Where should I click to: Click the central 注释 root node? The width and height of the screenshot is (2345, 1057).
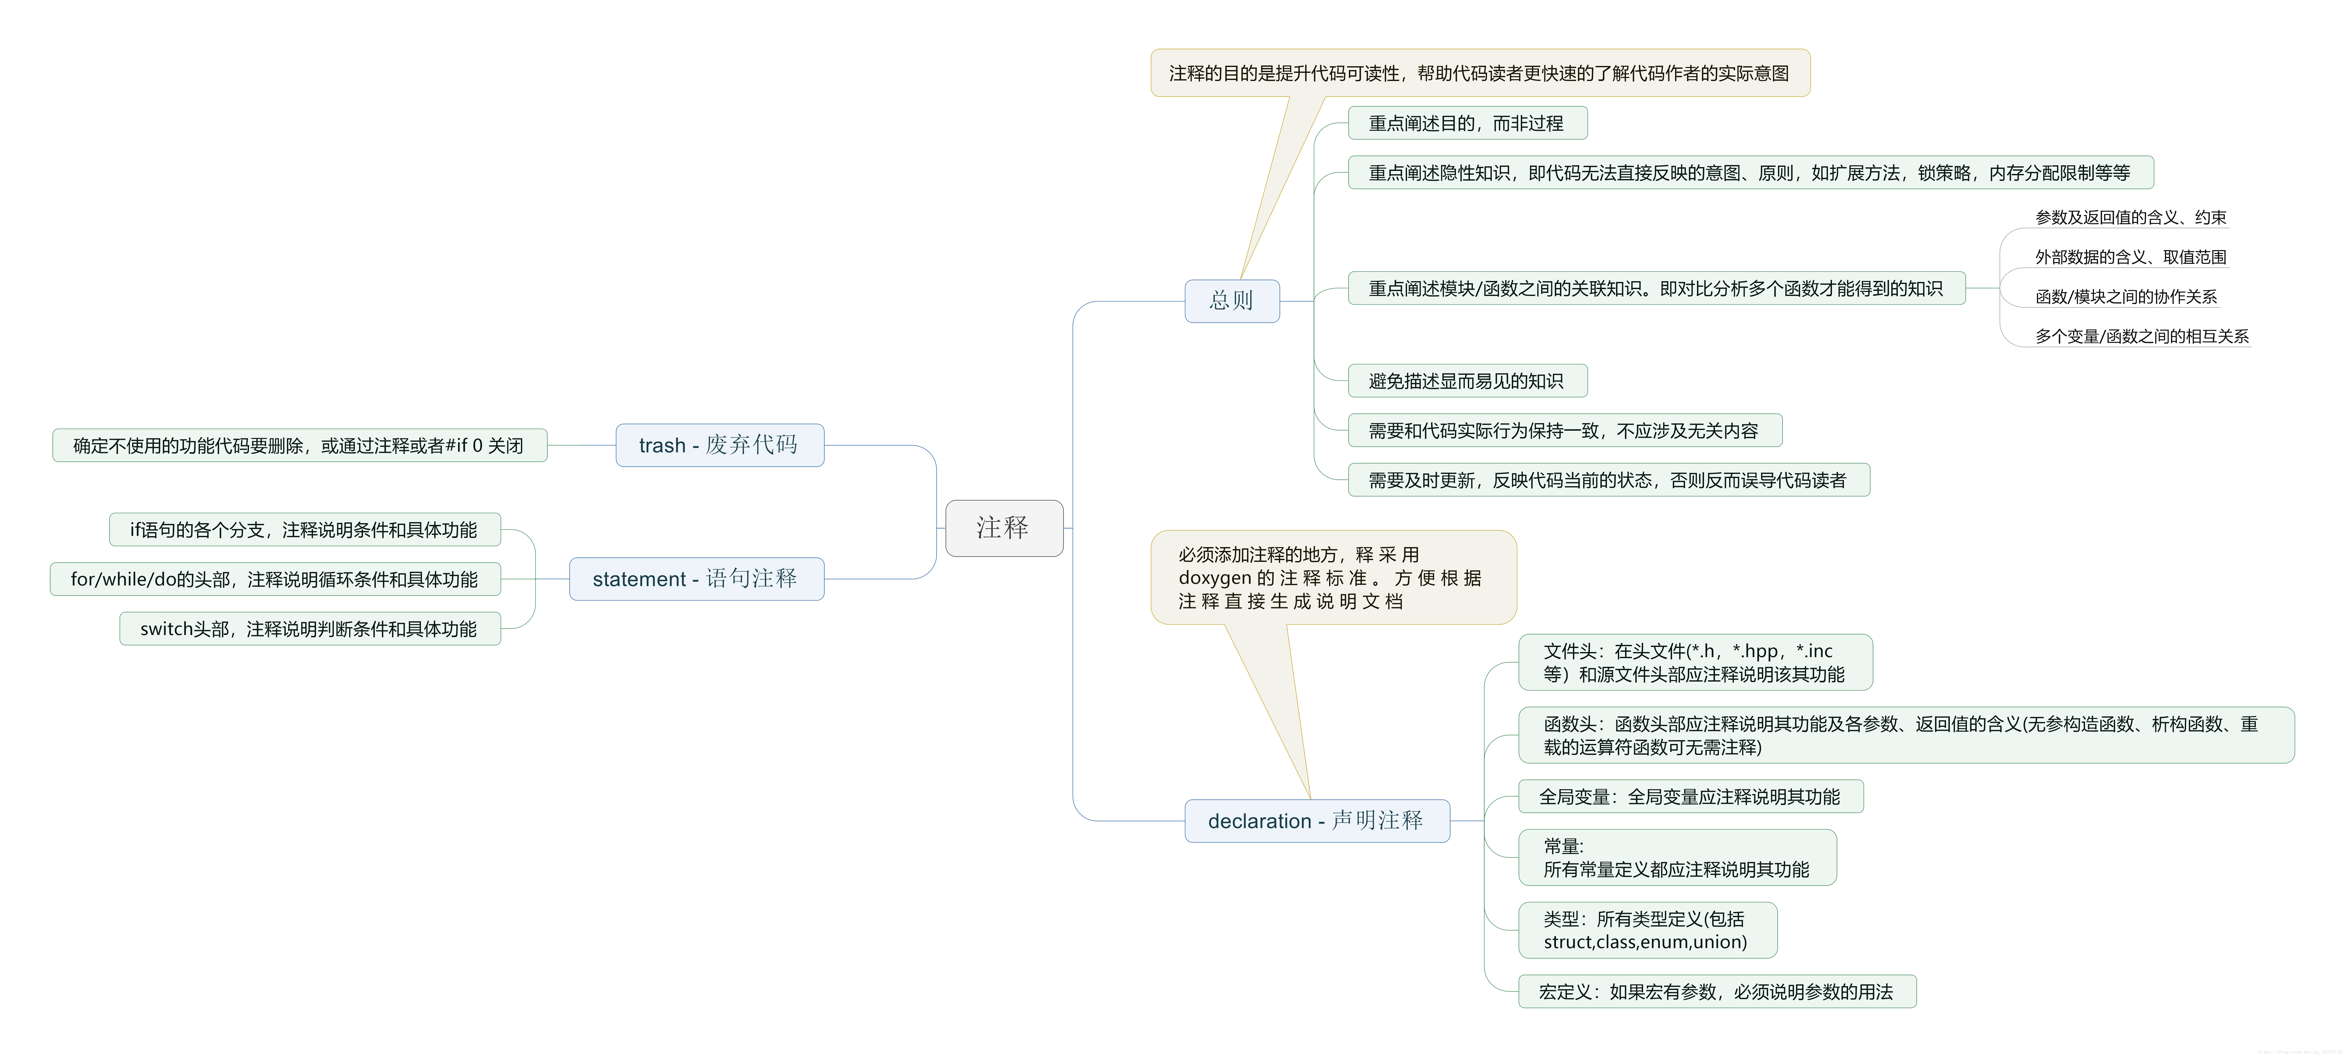(1003, 528)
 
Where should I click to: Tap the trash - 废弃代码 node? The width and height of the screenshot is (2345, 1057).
(719, 445)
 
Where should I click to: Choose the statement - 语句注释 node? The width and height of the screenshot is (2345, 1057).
(696, 579)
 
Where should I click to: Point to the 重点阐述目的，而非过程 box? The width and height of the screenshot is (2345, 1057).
(1467, 123)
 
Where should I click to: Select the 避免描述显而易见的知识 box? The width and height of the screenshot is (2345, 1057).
(1467, 381)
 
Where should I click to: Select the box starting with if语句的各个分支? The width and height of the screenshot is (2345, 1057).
(304, 530)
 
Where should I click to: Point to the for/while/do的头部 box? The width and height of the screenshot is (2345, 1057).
(275, 579)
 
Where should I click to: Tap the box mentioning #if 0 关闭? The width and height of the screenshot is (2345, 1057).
(299, 445)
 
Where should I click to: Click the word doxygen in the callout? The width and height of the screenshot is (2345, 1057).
(1214, 578)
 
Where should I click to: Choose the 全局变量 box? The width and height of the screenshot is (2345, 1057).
(1690, 797)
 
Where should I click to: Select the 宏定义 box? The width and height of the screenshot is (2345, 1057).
(1716, 992)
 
